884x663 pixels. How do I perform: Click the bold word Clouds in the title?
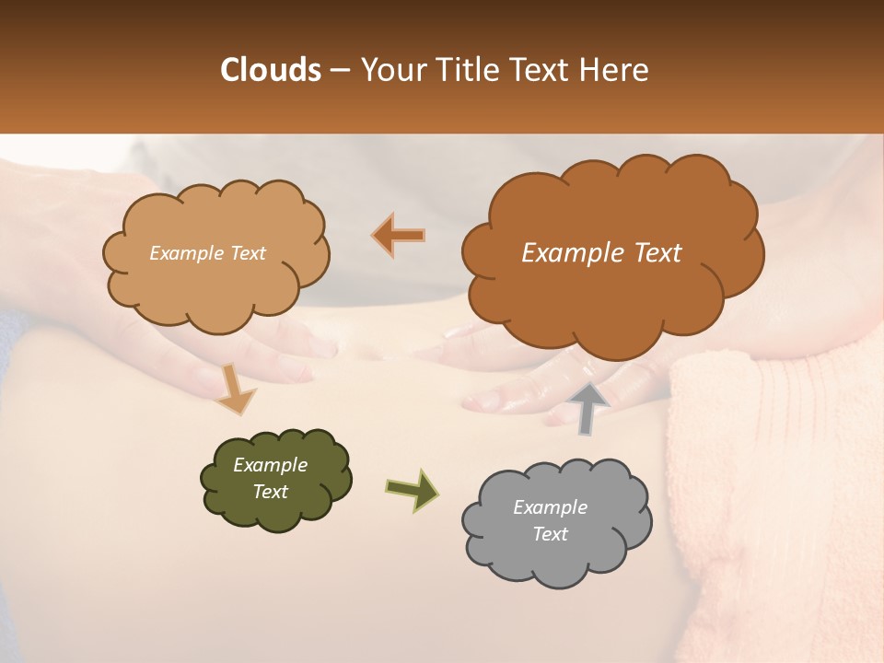271,70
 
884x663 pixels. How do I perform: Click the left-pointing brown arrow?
399,236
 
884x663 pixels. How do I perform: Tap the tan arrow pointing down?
235,388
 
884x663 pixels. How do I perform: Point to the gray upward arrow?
588,408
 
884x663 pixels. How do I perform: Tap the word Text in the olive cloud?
270,492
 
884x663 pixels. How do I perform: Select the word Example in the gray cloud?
550,507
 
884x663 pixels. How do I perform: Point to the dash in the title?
341,70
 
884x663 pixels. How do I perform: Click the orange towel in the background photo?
783,460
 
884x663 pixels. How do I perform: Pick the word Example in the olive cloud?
270,465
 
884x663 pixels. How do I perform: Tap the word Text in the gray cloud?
550,534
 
